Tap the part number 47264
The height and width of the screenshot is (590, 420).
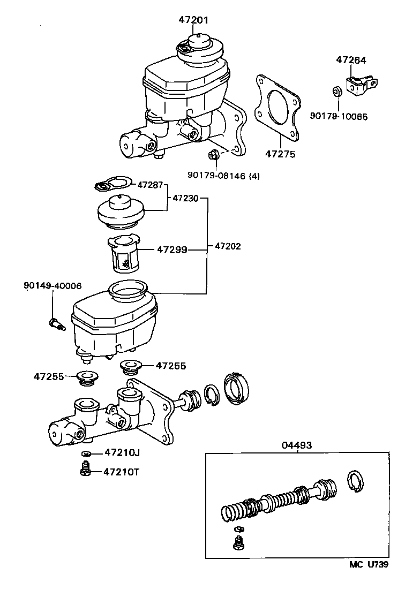[351, 60]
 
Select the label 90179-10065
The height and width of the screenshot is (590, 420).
[339, 116]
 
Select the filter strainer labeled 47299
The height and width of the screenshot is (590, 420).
[124, 254]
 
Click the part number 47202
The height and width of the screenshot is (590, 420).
[228, 247]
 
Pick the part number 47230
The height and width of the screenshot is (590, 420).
[185, 198]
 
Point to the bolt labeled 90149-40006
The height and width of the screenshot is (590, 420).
[55, 324]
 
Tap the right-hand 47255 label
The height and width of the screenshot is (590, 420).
[171, 366]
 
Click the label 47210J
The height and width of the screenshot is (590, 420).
[122, 453]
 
